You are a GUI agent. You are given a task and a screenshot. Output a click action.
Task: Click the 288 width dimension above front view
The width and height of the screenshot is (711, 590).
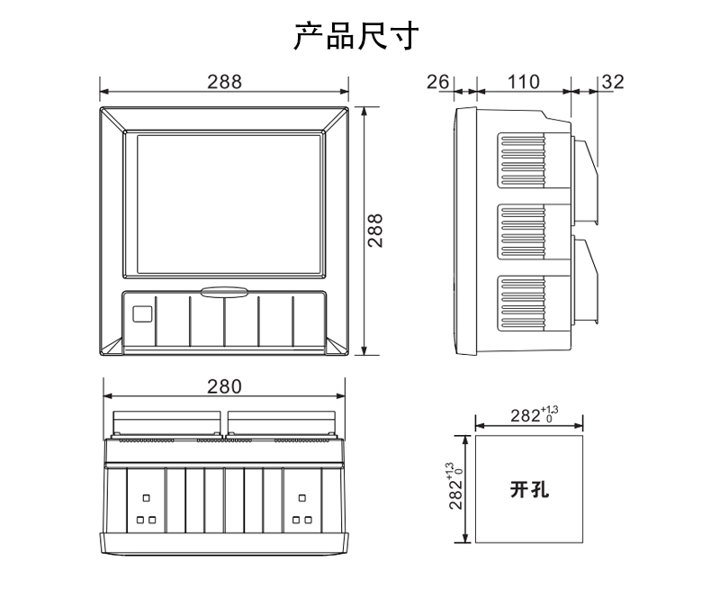click(x=224, y=82)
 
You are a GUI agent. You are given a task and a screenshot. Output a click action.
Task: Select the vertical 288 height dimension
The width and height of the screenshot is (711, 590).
click(x=375, y=231)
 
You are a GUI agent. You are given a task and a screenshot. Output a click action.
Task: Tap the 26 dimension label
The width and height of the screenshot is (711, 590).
click(x=438, y=82)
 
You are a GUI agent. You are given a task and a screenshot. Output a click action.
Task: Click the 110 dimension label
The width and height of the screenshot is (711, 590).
click(x=523, y=82)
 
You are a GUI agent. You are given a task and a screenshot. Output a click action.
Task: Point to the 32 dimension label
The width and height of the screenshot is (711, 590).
click(x=613, y=82)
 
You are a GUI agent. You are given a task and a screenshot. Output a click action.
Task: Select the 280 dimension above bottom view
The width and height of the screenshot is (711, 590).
click(x=224, y=386)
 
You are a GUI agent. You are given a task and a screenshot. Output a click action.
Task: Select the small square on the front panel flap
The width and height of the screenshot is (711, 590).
click(x=141, y=314)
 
